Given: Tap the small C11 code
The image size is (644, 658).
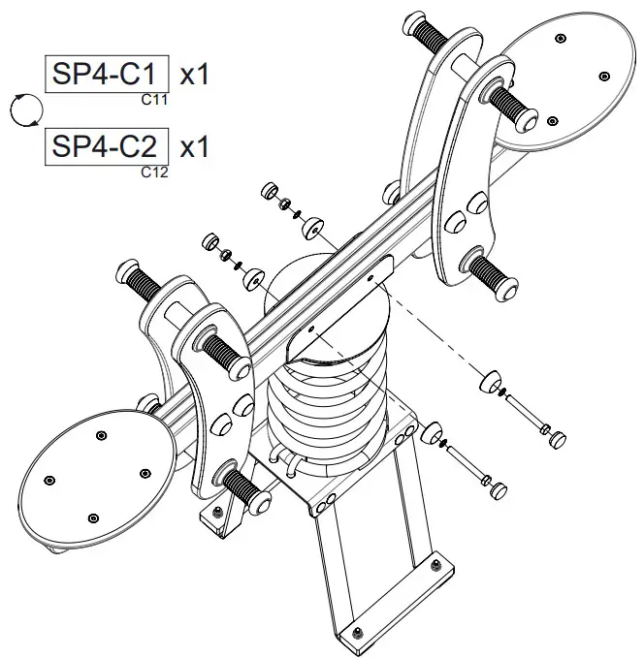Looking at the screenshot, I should [153, 99].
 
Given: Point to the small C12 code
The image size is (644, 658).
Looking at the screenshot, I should [153, 172].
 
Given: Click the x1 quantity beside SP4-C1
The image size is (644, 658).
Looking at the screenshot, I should [195, 74].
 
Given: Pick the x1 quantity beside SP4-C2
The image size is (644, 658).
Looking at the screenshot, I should [195, 147].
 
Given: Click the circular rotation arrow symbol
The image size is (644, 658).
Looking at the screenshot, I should [24, 110].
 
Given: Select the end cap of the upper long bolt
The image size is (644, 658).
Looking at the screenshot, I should [557, 437].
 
